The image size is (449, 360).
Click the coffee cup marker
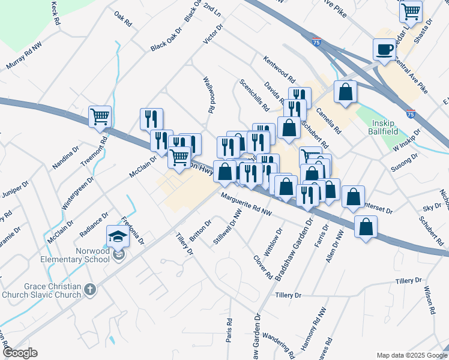pos(384,49)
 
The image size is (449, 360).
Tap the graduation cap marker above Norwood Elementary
pos(118,236)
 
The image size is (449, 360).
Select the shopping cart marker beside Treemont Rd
pos(100,116)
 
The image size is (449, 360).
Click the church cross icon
pos(90,290)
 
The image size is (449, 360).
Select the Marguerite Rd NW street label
pos(247,205)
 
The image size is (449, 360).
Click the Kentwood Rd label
pos(279,70)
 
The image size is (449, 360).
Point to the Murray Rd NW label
pos(24,58)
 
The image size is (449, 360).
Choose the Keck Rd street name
pos(56,12)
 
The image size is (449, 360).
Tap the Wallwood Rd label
pos(208,95)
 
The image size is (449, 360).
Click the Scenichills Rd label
pos(254,95)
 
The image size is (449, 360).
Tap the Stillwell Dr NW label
pos(228,227)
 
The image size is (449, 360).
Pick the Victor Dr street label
pos(213,34)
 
